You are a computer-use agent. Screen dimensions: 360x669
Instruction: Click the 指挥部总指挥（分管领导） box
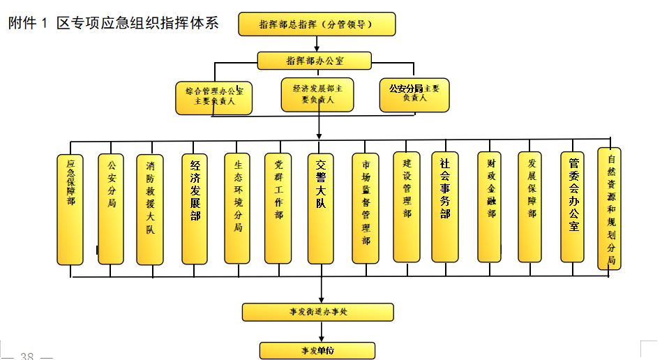tap(317, 24)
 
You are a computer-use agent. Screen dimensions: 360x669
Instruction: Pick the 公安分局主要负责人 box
tap(414, 94)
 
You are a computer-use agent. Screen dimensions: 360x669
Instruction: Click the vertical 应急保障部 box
tap(70, 209)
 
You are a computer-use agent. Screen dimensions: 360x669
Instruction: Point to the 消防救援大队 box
tap(150, 209)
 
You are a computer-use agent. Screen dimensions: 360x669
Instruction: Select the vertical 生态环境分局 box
tap(237, 209)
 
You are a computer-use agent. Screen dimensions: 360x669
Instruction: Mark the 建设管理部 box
tap(407, 207)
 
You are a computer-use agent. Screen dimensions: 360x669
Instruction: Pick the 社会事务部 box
tap(445, 207)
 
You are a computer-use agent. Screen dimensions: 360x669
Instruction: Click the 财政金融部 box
tap(490, 207)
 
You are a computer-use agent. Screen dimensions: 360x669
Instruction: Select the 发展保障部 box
tap(530, 207)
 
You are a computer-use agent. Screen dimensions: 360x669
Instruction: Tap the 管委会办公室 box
tap(573, 207)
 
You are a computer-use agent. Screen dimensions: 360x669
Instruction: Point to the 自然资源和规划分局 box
tap(610, 208)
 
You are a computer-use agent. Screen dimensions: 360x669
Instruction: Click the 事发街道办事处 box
tap(317, 312)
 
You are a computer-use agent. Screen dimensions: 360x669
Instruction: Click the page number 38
tap(27, 356)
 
